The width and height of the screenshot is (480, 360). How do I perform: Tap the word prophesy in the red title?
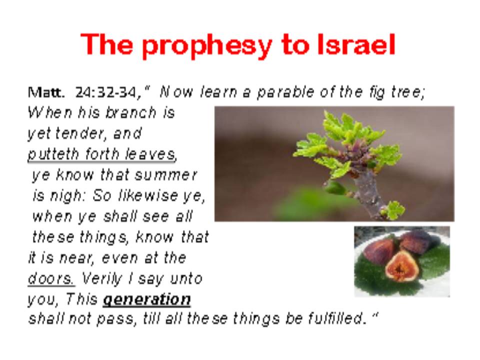point(207,46)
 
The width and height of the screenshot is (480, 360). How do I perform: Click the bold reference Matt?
point(46,92)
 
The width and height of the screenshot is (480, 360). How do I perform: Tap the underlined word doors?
point(51,278)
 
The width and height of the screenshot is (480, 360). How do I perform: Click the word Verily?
point(102,279)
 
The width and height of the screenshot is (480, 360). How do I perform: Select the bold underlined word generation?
point(147,299)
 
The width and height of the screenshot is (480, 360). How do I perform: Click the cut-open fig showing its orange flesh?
point(401,266)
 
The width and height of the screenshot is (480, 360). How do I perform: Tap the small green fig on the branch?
point(335,187)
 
